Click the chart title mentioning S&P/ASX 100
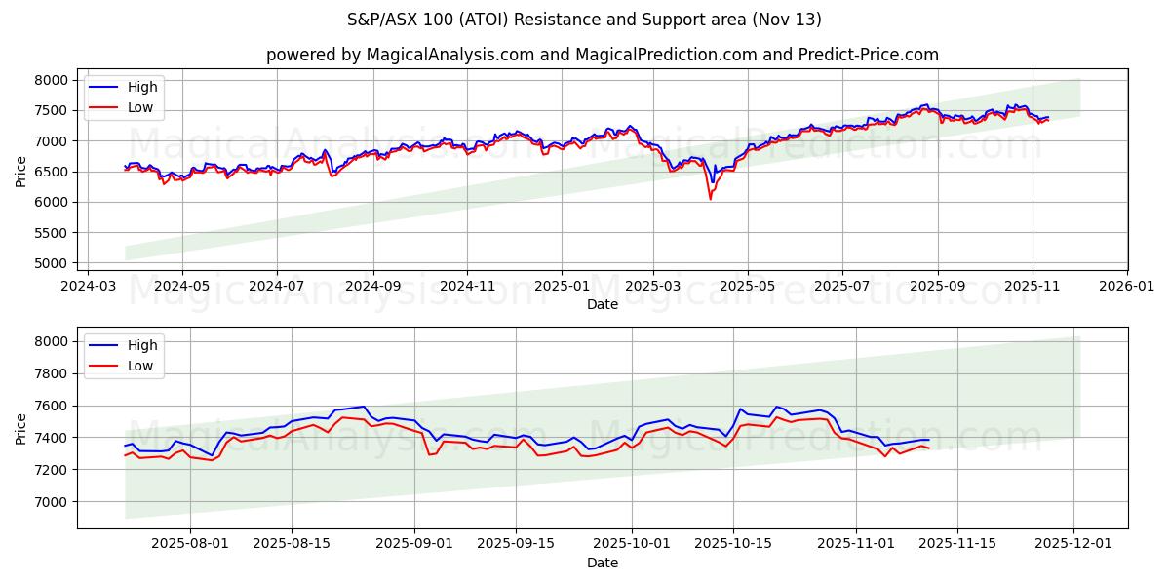point(584,19)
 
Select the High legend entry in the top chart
point(141,88)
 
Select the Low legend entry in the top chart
point(140,107)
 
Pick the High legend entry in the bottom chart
point(141,344)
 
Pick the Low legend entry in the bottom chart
point(140,365)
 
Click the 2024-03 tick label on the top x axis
point(89,287)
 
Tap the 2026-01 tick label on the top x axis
point(1126,287)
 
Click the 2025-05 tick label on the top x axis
point(748,287)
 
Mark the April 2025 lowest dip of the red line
point(710,199)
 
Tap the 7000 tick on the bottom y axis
point(54,502)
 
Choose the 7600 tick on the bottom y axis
point(54,406)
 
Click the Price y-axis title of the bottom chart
point(21,428)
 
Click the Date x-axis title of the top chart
point(602,304)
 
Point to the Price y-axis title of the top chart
point(21,171)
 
